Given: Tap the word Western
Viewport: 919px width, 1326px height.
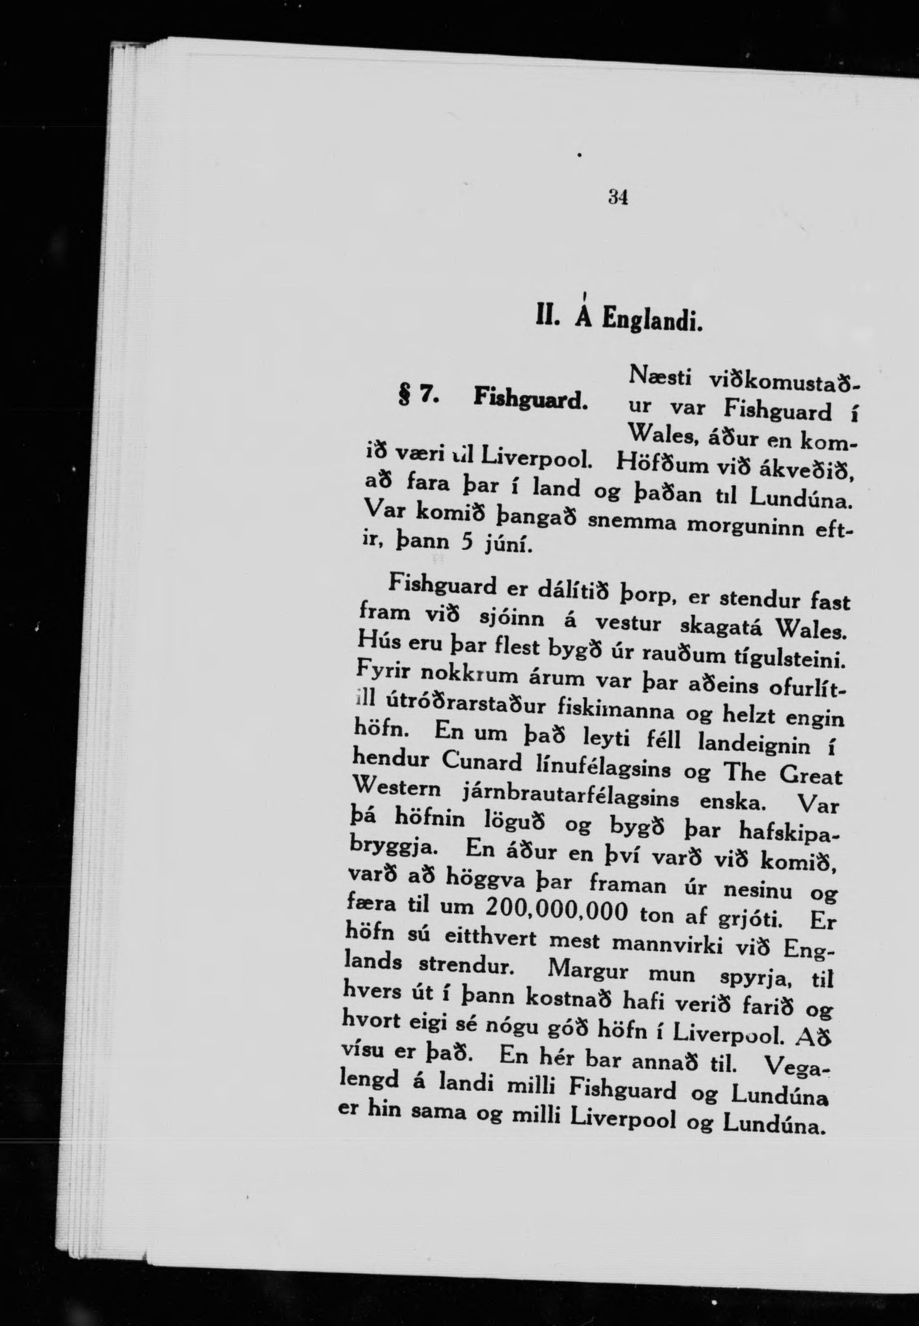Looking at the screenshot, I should (x=398, y=788).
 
